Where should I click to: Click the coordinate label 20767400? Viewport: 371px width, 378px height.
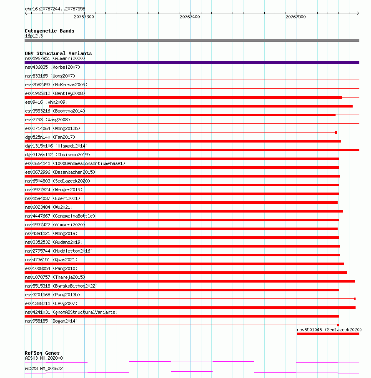pyautogui.click(x=190, y=17)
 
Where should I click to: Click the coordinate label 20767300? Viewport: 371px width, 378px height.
pyautogui.click(x=84, y=17)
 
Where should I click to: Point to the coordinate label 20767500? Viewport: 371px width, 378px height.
pyautogui.click(x=296, y=17)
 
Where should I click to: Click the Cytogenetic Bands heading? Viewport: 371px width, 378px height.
pyautogui.click(x=50, y=31)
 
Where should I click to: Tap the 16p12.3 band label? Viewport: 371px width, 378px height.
pyautogui.click(x=34, y=36)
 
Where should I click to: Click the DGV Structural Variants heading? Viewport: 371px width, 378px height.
pyautogui.click(x=58, y=53)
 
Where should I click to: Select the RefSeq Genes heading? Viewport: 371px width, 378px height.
pyautogui.click(x=42, y=353)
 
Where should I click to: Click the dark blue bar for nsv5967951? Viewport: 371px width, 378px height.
pyautogui.click(x=192, y=63)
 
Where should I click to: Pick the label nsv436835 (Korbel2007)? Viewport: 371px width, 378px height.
pyautogui.click(x=53, y=67)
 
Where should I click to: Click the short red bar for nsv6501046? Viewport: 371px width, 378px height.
pyautogui.click(x=328, y=334)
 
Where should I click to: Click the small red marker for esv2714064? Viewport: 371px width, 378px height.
pyautogui.click(x=336, y=133)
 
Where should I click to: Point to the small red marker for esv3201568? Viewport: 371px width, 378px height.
pyautogui.click(x=355, y=299)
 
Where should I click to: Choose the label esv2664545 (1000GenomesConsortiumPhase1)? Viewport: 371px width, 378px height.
pyautogui.click(x=75, y=163)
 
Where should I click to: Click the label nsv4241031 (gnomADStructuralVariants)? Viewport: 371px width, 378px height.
pyautogui.click(x=71, y=312)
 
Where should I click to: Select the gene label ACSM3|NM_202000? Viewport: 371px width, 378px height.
pyautogui.click(x=44, y=358)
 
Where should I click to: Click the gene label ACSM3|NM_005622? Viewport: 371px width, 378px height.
pyautogui.click(x=44, y=368)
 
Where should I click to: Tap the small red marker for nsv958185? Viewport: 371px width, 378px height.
pyautogui.click(x=338, y=325)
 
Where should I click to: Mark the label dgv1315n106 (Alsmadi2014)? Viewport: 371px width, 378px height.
pyautogui.click(x=56, y=146)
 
